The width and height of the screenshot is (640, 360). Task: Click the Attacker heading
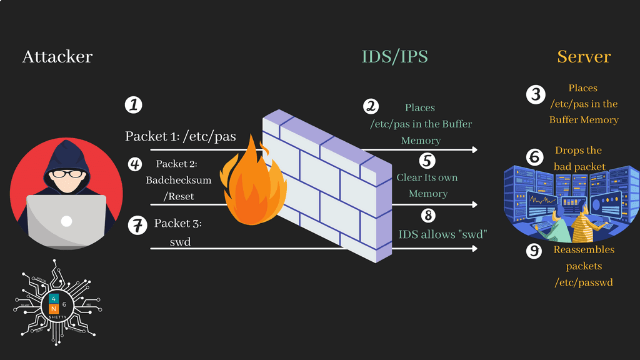57,57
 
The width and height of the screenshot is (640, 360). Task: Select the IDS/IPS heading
394,57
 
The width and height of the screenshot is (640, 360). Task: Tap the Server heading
584,57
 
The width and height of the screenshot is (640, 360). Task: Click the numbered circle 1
133,104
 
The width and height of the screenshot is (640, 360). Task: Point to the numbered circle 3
535,94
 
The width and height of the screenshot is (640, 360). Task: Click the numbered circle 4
134,164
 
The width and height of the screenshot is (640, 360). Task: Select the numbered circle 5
427,160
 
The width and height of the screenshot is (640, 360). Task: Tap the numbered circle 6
535,156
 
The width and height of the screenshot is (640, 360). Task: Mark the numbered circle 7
137,224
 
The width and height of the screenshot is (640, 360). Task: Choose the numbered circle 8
427,216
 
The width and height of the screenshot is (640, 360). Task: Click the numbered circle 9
534,251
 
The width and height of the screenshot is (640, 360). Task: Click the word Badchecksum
178,180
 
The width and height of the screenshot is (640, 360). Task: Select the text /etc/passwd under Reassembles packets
583,282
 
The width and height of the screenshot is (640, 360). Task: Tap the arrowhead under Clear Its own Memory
475,205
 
